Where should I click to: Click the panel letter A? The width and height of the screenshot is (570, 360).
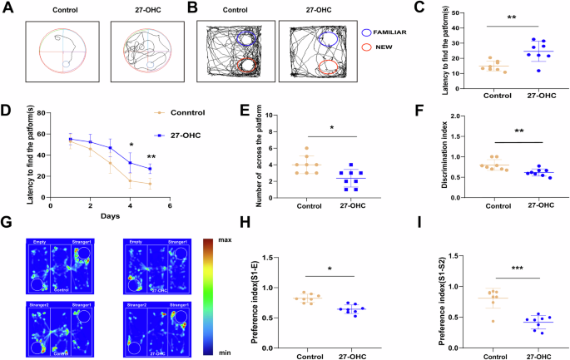point(7,9)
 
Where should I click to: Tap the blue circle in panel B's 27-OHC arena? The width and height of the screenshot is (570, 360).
point(330,37)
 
